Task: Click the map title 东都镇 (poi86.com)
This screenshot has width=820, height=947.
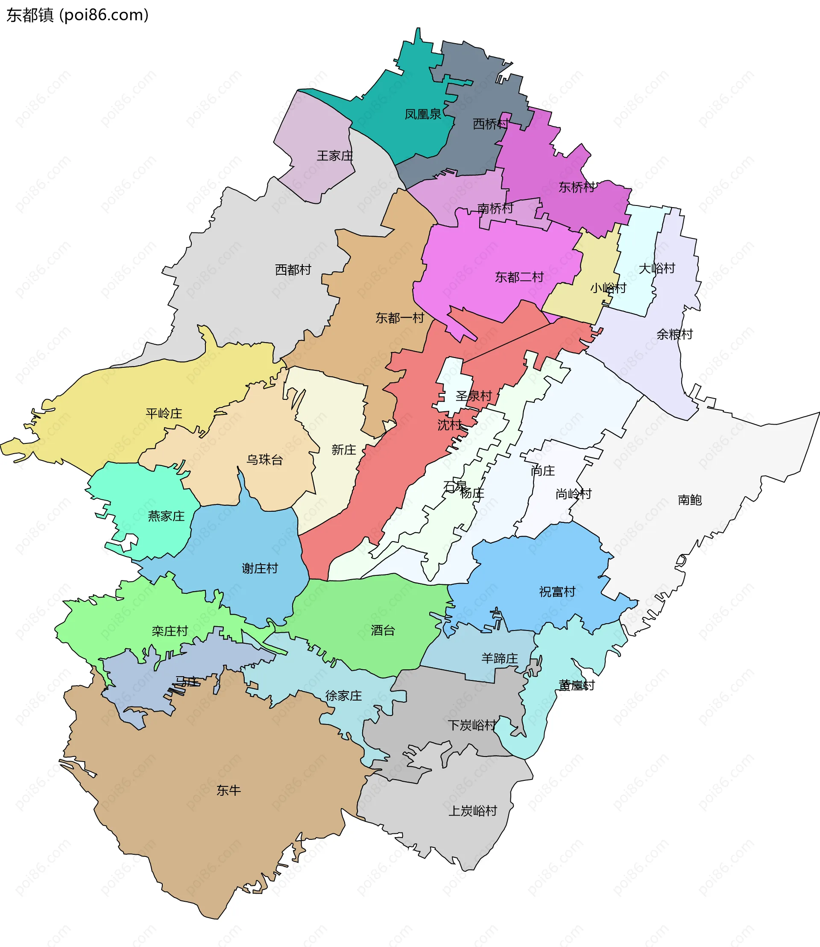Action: click(x=77, y=15)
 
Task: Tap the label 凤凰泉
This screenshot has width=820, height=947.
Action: click(x=422, y=114)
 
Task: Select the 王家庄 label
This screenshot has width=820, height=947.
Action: click(x=335, y=156)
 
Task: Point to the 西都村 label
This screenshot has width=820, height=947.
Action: click(x=293, y=270)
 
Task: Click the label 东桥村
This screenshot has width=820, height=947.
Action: click(x=576, y=187)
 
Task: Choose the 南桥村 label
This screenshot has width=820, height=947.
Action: click(x=495, y=209)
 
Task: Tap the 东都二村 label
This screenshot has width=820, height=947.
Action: click(x=519, y=277)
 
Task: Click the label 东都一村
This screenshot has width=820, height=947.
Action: click(x=399, y=318)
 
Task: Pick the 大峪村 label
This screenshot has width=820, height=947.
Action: click(x=657, y=268)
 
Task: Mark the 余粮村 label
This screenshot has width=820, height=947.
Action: click(x=674, y=334)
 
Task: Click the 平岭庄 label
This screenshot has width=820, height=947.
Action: click(x=164, y=413)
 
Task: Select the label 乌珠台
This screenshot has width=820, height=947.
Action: click(x=264, y=460)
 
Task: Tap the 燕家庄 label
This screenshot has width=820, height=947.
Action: click(x=166, y=516)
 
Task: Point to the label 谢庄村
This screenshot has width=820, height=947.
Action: click(x=260, y=569)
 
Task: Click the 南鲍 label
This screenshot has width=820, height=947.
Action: click(x=690, y=500)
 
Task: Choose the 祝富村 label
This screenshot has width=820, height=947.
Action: click(x=557, y=592)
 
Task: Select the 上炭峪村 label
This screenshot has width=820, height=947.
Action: click(x=473, y=811)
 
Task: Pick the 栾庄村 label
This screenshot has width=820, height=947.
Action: click(x=170, y=631)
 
